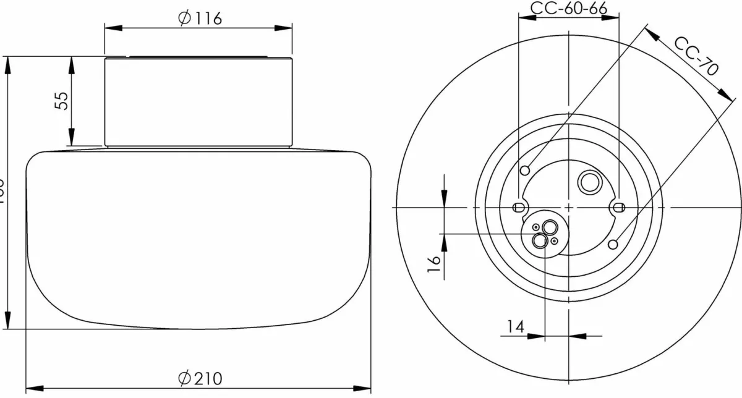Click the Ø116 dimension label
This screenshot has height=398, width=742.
[199, 19]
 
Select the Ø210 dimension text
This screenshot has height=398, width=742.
[199, 378]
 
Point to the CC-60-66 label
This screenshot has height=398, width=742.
[568, 8]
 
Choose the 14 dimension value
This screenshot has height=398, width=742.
[516, 326]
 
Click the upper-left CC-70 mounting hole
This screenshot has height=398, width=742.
[526, 170]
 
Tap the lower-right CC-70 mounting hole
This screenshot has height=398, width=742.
[612, 244]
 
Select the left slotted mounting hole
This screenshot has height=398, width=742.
[519, 206]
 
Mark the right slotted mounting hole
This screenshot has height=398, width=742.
[617, 206]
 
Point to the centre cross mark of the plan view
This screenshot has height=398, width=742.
[568, 206]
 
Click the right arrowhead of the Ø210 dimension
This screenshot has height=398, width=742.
[364, 388]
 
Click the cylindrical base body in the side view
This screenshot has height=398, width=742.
[198, 102]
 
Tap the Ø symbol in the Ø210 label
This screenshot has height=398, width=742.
[183, 378]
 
